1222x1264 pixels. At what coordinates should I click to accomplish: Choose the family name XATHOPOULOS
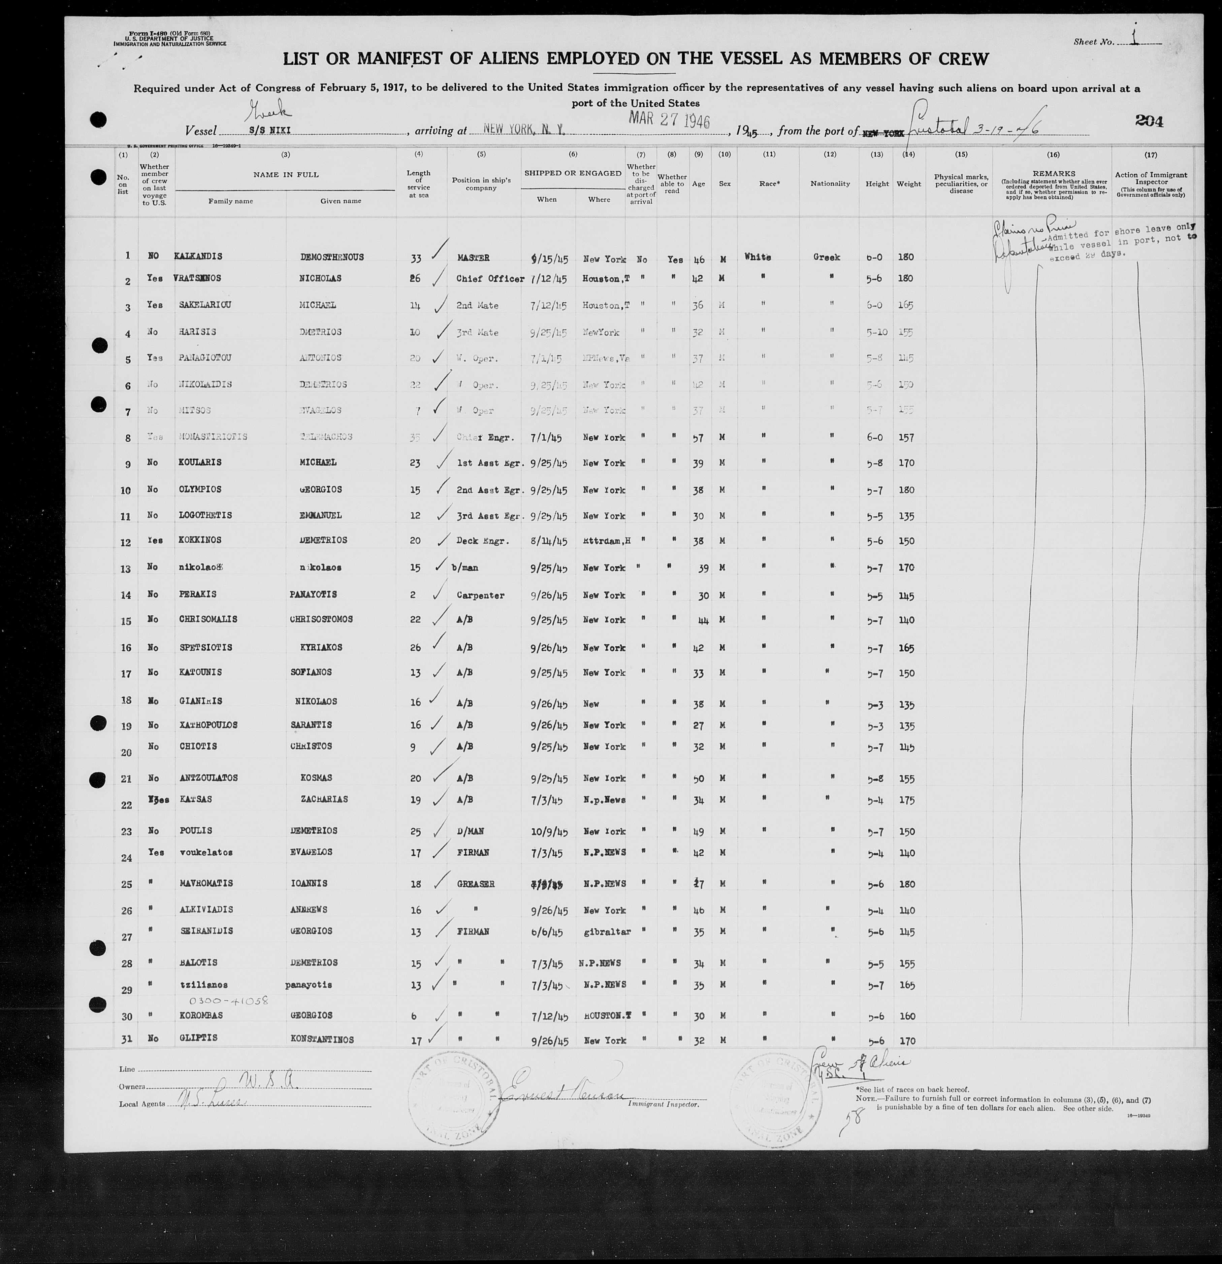[x=208, y=725]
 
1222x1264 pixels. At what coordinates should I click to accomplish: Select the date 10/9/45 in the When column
[x=546, y=831]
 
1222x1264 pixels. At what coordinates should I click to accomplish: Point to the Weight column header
[x=908, y=184]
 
